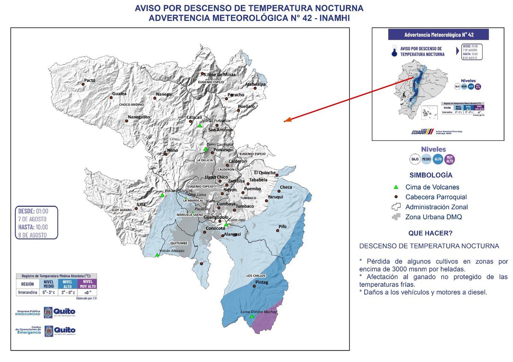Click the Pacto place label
(x=89, y=80)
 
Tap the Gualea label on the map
(x=119, y=93)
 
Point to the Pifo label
(x=283, y=226)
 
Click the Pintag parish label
(x=261, y=282)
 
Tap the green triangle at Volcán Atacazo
(x=157, y=255)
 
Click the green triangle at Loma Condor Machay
(x=252, y=317)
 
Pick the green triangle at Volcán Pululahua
(x=200, y=125)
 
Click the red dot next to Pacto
(x=83, y=85)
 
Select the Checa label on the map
(x=286, y=187)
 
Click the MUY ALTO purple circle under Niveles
(x=449, y=160)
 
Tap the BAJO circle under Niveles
(x=414, y=160)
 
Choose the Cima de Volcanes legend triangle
(x=396, y=187)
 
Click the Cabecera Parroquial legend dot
(x=396, y=197)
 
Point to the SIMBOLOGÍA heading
(x=430, y=175)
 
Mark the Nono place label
(x=172, y=150)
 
